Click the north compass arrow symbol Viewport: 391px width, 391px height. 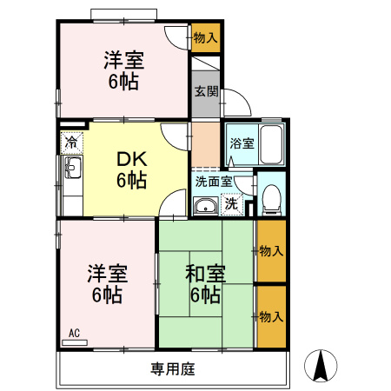(321, 366)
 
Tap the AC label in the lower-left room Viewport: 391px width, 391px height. (74, 333)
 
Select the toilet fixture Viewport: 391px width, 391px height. (271, 199)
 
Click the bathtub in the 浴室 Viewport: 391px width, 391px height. (271, 144)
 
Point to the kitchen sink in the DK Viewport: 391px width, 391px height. (73, 168)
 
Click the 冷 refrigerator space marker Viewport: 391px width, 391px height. (71, 142)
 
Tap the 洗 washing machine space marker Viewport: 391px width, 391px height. (232, 204)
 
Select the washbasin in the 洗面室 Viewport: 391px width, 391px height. (206, 206)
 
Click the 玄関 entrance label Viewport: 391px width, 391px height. (206, 91)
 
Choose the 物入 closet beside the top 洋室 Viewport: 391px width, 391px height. (206, 38)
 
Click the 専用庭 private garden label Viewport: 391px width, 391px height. (173, 368)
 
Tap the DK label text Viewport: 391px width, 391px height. (132, 159)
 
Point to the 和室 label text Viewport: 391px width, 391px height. (205, 274)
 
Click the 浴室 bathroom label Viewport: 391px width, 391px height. (242, 143)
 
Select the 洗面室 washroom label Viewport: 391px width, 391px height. (214, 182)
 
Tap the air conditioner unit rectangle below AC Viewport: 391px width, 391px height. (75, 342)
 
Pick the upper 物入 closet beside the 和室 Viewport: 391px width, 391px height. (271, 251)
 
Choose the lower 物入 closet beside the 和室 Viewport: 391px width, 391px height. (271, 317)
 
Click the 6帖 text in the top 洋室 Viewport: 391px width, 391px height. (123, 82)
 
